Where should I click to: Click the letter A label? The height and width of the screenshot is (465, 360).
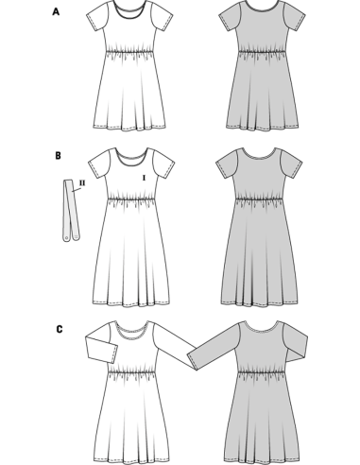pyautogui.click(x=56, y=12)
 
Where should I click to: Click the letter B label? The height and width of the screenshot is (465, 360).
pyautogui.click(x=58, y=156)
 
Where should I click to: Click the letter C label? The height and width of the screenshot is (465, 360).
pyautogui.click(x=60, y=330)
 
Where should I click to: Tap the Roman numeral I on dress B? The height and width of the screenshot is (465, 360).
pyautogui.click(x=145, y=178)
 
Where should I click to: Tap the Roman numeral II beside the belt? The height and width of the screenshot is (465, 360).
pyautogui.click(x=82, y=182)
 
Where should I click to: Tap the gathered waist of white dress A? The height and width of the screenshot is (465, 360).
pyautogui.click(x=129, y=51)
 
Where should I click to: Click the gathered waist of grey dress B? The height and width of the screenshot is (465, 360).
pyautogui.click(x=259, y=199)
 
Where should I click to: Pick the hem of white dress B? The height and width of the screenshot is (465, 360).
pyautogui.click(x=131, y=304)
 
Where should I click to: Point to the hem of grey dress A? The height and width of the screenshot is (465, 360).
pyautogui.click(x=262, y=128)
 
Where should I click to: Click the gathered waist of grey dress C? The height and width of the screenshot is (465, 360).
pyautogui.click(x=262, y=370)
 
